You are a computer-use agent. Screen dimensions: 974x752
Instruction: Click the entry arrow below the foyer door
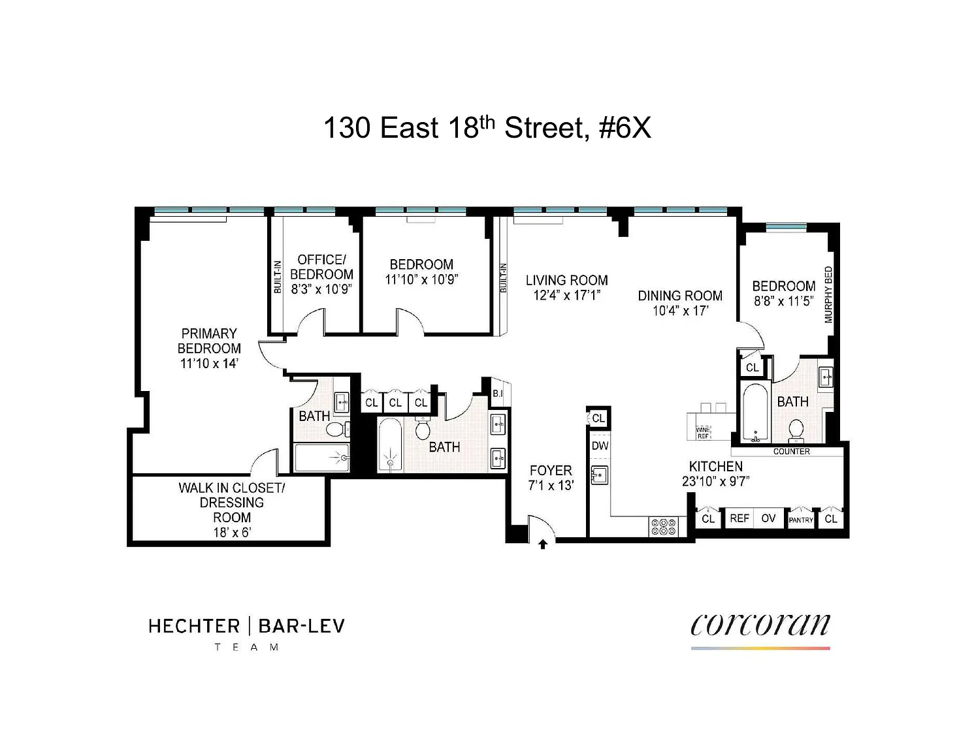tap(543, 544)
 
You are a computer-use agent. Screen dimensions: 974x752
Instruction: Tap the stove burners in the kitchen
tap(663, 527)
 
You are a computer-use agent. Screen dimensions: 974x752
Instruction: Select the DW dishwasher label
tap(600, 446)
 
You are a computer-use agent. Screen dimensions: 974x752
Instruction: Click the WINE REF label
tap(703, 433)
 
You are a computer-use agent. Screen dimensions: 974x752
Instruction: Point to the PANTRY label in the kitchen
tap(800, 520)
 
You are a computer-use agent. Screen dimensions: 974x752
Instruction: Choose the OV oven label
tap(768, 518)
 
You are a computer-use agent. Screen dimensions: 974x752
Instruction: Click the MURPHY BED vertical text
tap(828, 294)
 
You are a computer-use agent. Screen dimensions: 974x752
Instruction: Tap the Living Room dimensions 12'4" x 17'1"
tap(566, 295)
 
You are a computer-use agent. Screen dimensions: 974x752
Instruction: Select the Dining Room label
tap(680, 296)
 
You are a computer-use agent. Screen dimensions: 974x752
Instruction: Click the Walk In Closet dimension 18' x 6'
tap(232, 532)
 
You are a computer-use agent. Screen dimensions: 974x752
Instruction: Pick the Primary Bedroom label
tap(209, 341)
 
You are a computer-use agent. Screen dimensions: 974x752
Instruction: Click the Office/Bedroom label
tap(321, 267)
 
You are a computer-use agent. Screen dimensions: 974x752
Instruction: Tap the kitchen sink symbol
tap(599, 475)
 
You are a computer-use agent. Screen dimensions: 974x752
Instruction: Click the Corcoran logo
tap(760, 625)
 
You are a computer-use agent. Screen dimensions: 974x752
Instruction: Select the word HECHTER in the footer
tap(194, 626)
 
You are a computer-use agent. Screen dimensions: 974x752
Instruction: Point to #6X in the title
tap(625, 128)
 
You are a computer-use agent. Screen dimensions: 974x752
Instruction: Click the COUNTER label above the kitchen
tap(791, 452)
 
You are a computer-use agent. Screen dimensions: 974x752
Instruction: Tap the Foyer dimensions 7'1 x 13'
tap(551, 486)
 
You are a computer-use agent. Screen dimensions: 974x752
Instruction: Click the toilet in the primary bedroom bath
tap(336, 430)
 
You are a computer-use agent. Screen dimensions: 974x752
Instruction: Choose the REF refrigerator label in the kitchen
tap(739, 518)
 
